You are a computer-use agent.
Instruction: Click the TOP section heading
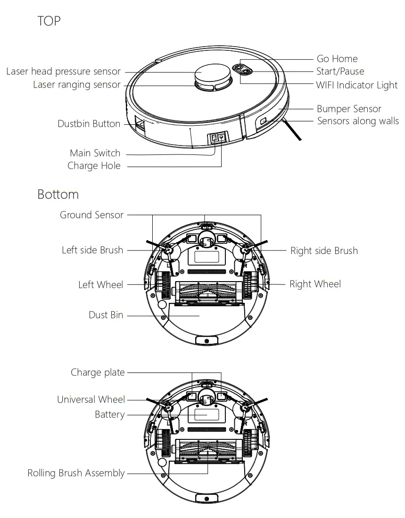(49, 21)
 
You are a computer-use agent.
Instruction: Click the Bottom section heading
(58, 194)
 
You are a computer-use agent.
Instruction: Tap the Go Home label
(337, 59)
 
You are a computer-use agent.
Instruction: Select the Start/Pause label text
(340, 72)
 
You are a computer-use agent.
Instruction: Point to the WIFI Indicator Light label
(356, 85)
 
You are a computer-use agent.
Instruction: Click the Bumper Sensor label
(348, 109)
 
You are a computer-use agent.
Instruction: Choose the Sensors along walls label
(357, 121)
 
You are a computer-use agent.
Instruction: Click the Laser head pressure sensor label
(64, 72)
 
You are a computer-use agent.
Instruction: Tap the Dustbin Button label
(89, 124)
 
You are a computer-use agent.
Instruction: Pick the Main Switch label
(95, 153)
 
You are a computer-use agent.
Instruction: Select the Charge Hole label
(94, 166)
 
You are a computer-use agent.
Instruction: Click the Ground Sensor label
(91, 215)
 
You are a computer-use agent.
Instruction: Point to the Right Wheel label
(315, 284)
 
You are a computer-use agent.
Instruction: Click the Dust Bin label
(106, 315)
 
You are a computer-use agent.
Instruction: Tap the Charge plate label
(98, 372)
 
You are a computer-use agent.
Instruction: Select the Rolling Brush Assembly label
(76, 473)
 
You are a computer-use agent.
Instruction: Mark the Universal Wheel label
(91, 400)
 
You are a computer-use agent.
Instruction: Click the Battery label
(110, 414)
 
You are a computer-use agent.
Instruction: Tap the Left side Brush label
(92, 250)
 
